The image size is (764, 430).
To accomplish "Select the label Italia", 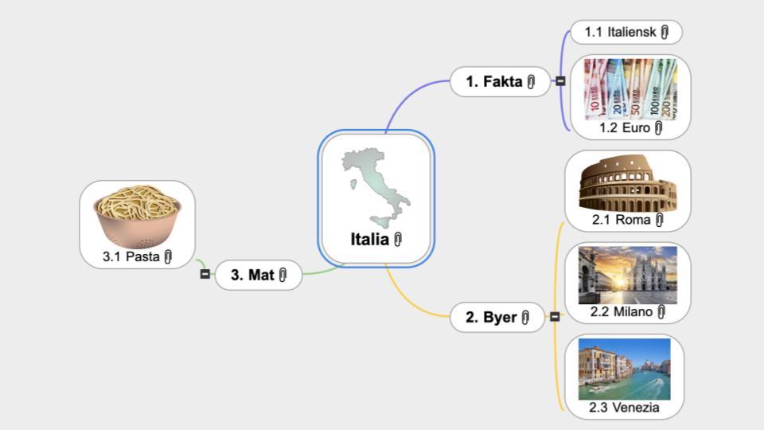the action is [370, 240].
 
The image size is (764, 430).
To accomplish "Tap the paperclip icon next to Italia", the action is [398, 240].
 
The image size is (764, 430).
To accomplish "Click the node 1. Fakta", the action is [500, 81].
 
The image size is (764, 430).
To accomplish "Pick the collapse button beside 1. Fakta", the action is [561, 81].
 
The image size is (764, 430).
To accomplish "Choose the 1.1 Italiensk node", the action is [626, 32].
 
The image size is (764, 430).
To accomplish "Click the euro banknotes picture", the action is [630, 89].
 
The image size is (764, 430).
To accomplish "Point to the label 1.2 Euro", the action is [625, 127].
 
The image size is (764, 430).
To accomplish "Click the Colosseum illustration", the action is [628, 183].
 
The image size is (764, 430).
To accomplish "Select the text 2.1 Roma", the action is [622, 220].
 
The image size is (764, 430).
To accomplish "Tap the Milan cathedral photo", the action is [628, 275].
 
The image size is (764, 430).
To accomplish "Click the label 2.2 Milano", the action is [622, 311].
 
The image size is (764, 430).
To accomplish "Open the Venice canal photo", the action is [624, 369].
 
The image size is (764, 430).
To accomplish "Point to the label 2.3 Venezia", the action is [624, 408].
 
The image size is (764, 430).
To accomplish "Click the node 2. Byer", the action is [497, 318].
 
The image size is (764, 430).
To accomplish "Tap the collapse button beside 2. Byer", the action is [555, 317].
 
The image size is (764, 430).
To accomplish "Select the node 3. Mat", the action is [259, 275].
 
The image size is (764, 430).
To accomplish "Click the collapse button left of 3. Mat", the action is [205, 274].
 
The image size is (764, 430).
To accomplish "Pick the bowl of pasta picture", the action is [138, 217].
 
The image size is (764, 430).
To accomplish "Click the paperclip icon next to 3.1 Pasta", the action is [168, 256].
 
